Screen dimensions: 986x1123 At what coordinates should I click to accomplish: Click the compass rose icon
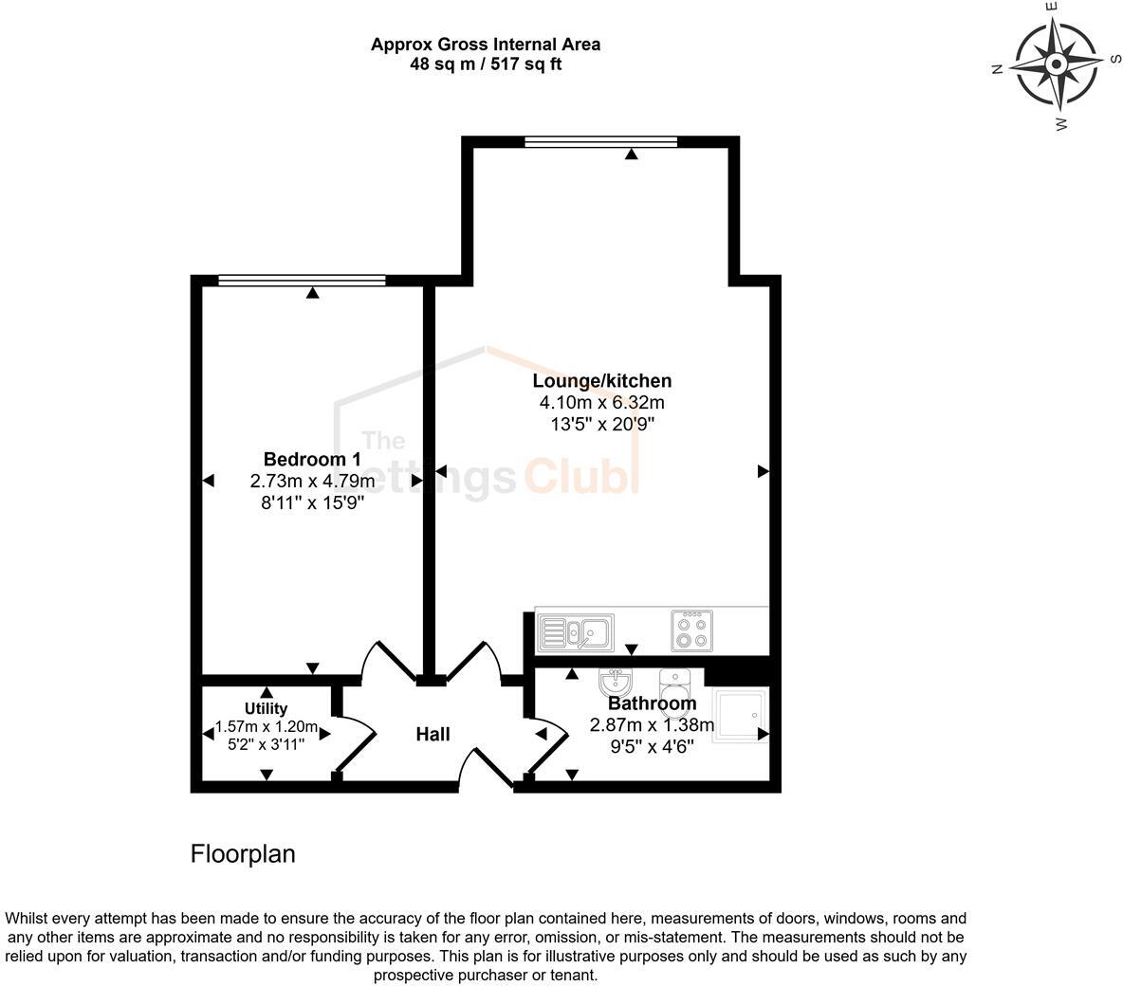(x=1056, y=64)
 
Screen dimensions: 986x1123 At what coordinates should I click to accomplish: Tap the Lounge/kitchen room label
(x=601, y=381)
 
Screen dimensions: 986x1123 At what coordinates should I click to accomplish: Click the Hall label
(x=433, y=734)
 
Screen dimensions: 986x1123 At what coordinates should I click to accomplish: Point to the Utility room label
(x=266, y=708)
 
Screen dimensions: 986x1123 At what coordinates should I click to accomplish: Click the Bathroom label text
(x=652, y=703)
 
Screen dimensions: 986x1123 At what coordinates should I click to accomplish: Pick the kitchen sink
(x=576, y=631)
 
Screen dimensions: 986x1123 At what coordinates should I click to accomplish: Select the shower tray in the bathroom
(x=741, y=715)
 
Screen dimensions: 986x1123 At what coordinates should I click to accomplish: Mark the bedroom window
(x=302, y=280)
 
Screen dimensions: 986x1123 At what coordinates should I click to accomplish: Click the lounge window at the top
(x=600, y=142)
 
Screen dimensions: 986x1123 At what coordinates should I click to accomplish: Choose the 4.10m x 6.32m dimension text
(x=601, y=403)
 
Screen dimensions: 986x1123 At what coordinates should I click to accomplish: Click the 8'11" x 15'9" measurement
(x=312, y=503)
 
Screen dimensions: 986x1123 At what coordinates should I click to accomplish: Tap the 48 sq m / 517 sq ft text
(x=485, y=64)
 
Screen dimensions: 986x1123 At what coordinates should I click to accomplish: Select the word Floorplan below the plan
(x=243, y=854)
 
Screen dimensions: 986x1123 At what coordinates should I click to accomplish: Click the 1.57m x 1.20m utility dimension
(x=266, y=727)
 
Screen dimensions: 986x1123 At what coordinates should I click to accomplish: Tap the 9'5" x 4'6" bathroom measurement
(x=652, y=746)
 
